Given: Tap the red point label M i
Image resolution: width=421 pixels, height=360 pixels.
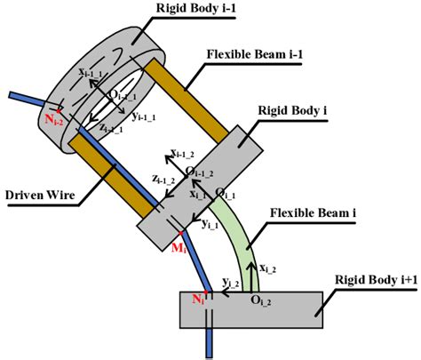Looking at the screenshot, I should click(178, 246).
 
